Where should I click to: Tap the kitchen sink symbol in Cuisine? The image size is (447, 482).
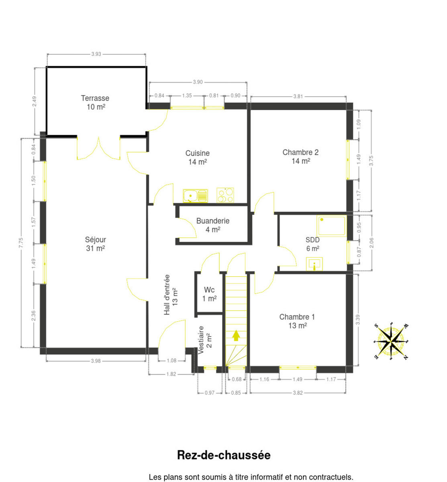coord(195,196)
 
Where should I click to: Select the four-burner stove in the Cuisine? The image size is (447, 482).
coord(225,195)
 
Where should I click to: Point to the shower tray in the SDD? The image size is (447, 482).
coord(331,226)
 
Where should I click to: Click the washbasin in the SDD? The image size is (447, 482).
coord(314,264)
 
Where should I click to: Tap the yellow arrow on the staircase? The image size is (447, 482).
coord(236,336)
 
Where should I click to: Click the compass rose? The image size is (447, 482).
coord(391,342)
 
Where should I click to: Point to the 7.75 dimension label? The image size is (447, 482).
coord(21,243)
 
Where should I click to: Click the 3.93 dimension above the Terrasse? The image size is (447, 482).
coord(96,54)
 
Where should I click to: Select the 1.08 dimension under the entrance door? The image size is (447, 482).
coord(171,361)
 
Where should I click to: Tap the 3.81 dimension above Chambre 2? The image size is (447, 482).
coord(298,96)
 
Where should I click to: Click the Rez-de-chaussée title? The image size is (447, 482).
coord(224,455)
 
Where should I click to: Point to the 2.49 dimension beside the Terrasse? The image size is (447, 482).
coord(35,101)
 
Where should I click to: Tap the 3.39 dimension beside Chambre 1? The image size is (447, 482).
coord(358,320)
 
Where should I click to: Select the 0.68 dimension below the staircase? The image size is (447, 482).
coord(237,379)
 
